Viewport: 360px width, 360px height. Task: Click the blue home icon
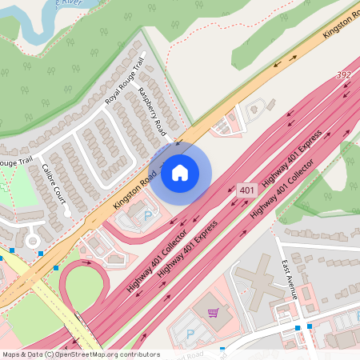[x=180, y=172]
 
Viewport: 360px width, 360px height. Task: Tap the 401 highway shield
[x=247, y=190]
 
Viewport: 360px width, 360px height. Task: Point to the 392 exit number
[x=343, y=75]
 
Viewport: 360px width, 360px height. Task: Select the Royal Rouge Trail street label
[x=124, y=81]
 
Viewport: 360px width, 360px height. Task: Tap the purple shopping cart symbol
[x=211, y=313]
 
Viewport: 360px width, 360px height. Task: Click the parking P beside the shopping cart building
[x=190, y=334]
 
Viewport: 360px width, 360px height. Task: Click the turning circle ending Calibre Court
[x=33, y=239]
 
